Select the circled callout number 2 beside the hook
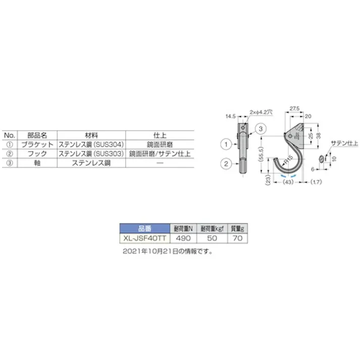225,163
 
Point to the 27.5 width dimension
295,109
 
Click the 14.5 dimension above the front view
231,117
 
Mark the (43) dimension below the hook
288,182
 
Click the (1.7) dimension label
317,182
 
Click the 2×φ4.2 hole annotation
262,113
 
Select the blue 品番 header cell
144,228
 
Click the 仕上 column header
159,135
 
